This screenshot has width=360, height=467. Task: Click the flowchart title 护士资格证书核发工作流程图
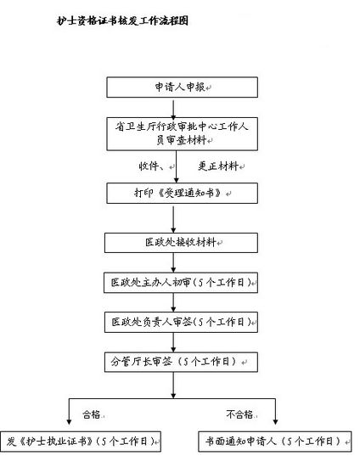(x=122, y=20)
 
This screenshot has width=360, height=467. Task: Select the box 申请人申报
(x=183, y=87)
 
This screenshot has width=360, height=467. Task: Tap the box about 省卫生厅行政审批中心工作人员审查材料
(x=183, y=133)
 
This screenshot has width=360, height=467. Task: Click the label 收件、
(x=151, y=166)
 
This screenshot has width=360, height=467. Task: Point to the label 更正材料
(x=218, y=166)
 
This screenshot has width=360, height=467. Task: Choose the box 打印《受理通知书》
(x=183, y=194)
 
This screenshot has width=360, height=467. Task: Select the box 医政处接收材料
(x=181, y=243)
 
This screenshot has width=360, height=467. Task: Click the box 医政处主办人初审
(x=181, y=283)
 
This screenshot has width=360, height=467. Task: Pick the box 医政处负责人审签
(x=181, y=322)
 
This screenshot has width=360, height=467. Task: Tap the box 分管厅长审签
(x=181, y=362)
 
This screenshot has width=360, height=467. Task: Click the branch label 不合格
(x=239, y=414)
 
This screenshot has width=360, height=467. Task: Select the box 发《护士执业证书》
(x=81, y=442)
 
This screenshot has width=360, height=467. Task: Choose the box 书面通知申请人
(x=275, y=441)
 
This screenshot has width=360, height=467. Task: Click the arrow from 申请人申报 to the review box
(x=173, y=109)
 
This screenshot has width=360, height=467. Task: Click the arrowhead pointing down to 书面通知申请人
(x=275, y=422)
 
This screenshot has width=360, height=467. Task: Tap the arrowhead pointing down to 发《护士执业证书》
(x=69, y=422)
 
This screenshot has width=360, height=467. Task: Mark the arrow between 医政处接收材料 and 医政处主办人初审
(x=173, y=262)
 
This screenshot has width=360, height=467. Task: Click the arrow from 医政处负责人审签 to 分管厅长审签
(x=173, y=342)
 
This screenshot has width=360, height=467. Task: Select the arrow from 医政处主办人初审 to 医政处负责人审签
(x=173, y=302)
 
